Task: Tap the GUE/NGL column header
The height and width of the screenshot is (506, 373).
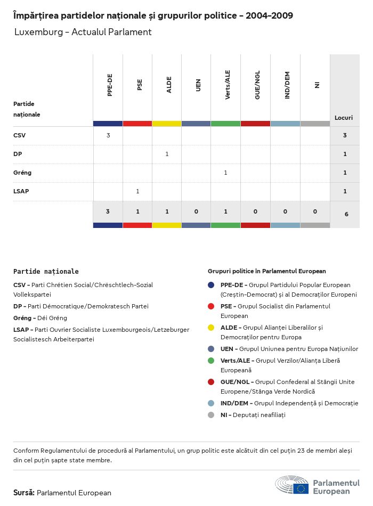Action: click(x=257, y=86)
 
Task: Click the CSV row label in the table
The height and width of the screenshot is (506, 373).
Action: click(x=19, y=135)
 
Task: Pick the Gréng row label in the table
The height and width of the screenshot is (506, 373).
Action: click(x=22, y=173)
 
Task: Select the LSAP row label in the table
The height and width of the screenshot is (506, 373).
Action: click(x=21, y=191)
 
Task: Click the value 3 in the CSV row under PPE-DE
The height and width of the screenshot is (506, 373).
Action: click(x=108, y=135)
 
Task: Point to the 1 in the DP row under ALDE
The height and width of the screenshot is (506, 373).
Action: click(x=167, y=154)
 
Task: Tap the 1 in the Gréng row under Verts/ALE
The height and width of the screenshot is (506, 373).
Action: click(x=226, y=173)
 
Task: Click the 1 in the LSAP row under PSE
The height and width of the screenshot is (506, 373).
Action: click(x=137, y=191)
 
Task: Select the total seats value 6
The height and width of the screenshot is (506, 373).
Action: click(x=345, y=214)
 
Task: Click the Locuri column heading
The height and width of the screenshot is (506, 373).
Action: click(x=344, y=117)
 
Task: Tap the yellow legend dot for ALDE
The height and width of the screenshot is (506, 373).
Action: click(x=212, y=328)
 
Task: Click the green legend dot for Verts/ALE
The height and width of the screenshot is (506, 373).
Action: click(x=212, y=361)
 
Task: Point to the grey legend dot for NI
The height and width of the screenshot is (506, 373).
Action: click(x=212, y=415)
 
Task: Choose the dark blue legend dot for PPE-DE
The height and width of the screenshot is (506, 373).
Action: click(x=212, y=285)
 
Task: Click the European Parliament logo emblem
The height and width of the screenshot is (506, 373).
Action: click(x=292, y=486)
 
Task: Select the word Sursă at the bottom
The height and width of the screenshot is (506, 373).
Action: click(x=24, y=493)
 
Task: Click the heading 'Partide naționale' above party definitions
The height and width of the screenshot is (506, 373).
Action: click(x=46, y=271)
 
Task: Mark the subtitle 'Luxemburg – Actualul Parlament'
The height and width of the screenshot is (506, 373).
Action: click(x=83, y=32)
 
